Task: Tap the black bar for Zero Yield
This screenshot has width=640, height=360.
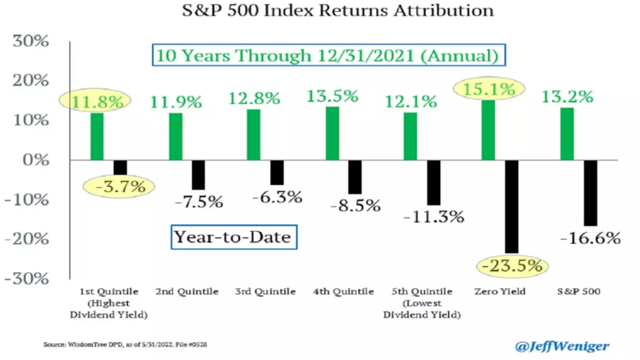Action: coord(511,206)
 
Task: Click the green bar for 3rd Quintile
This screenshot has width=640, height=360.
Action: coord(253,135)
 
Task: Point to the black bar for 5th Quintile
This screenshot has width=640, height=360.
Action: coord(433,182)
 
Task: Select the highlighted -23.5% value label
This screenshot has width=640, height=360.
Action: coord(512,266)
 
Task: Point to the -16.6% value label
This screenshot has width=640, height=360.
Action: coord(590,239)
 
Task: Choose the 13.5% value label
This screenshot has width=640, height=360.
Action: coord(333,96)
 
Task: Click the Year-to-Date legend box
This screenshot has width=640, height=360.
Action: coord(234,235)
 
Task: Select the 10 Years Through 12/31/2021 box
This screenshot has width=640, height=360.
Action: coord(327,56)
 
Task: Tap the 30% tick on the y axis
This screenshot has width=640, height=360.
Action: coord(32,41)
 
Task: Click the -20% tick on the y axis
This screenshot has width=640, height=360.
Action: coord(29,239)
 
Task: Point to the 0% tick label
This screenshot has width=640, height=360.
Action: coord(37,160)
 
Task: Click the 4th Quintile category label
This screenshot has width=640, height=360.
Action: coord(345,292)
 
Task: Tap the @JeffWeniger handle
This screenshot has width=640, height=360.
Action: coord(562,345)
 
